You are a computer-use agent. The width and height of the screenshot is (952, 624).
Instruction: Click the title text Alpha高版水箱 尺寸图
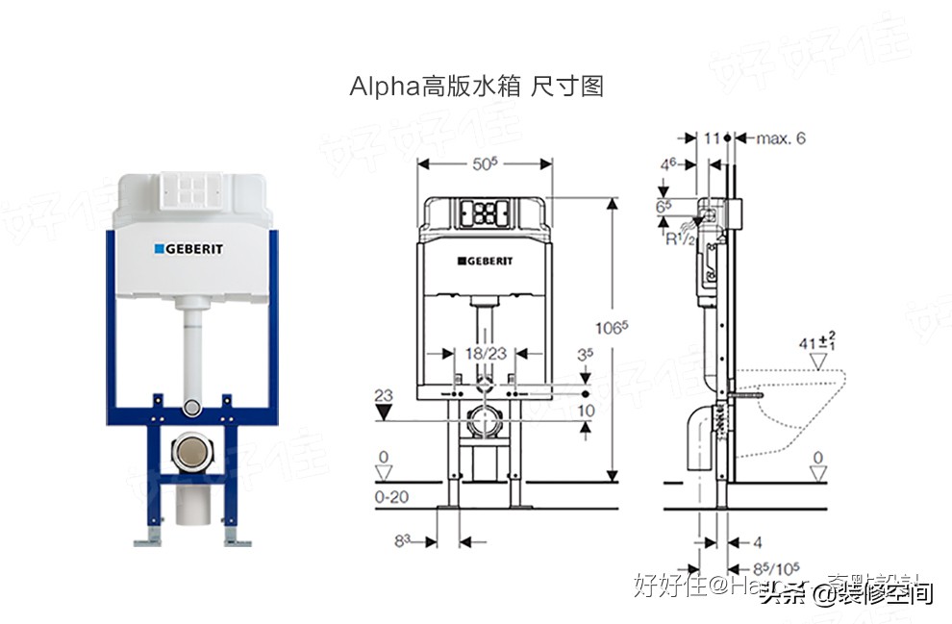click(x=476, y=87)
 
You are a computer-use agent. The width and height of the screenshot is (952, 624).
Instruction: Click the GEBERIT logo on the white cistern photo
click(x=189, y=249)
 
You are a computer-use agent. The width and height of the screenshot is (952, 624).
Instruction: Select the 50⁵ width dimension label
click(x=484, y=164)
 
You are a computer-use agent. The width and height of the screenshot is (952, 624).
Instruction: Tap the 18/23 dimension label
click(x=485, y=353)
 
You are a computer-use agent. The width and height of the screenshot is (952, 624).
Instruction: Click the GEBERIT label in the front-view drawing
click(x=485, y=261)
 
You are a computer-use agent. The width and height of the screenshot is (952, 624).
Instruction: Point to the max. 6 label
click(x=780, y=138)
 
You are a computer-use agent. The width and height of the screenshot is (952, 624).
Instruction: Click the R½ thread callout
click(x=680, y=238)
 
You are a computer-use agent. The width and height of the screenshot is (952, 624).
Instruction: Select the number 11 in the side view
click(x=712, y=138)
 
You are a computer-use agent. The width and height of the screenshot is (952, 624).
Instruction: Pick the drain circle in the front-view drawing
click(x=485, y=423)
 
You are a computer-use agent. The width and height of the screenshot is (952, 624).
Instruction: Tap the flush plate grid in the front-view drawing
click(x=485, y=212)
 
